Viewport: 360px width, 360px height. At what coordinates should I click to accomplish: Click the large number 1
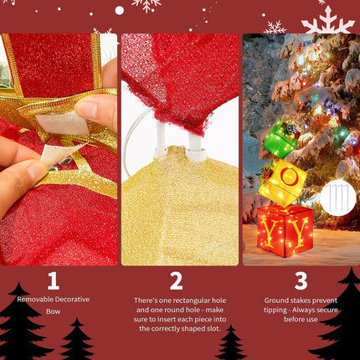[52, 281]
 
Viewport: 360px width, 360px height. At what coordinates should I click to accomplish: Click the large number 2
[176, 281]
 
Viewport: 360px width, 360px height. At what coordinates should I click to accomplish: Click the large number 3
[301, 281]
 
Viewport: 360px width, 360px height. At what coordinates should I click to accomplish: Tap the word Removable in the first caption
[36, 299]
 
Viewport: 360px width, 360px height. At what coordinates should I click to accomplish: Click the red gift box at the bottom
[285, 229]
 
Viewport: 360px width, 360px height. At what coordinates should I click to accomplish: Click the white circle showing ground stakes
[337, 198]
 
